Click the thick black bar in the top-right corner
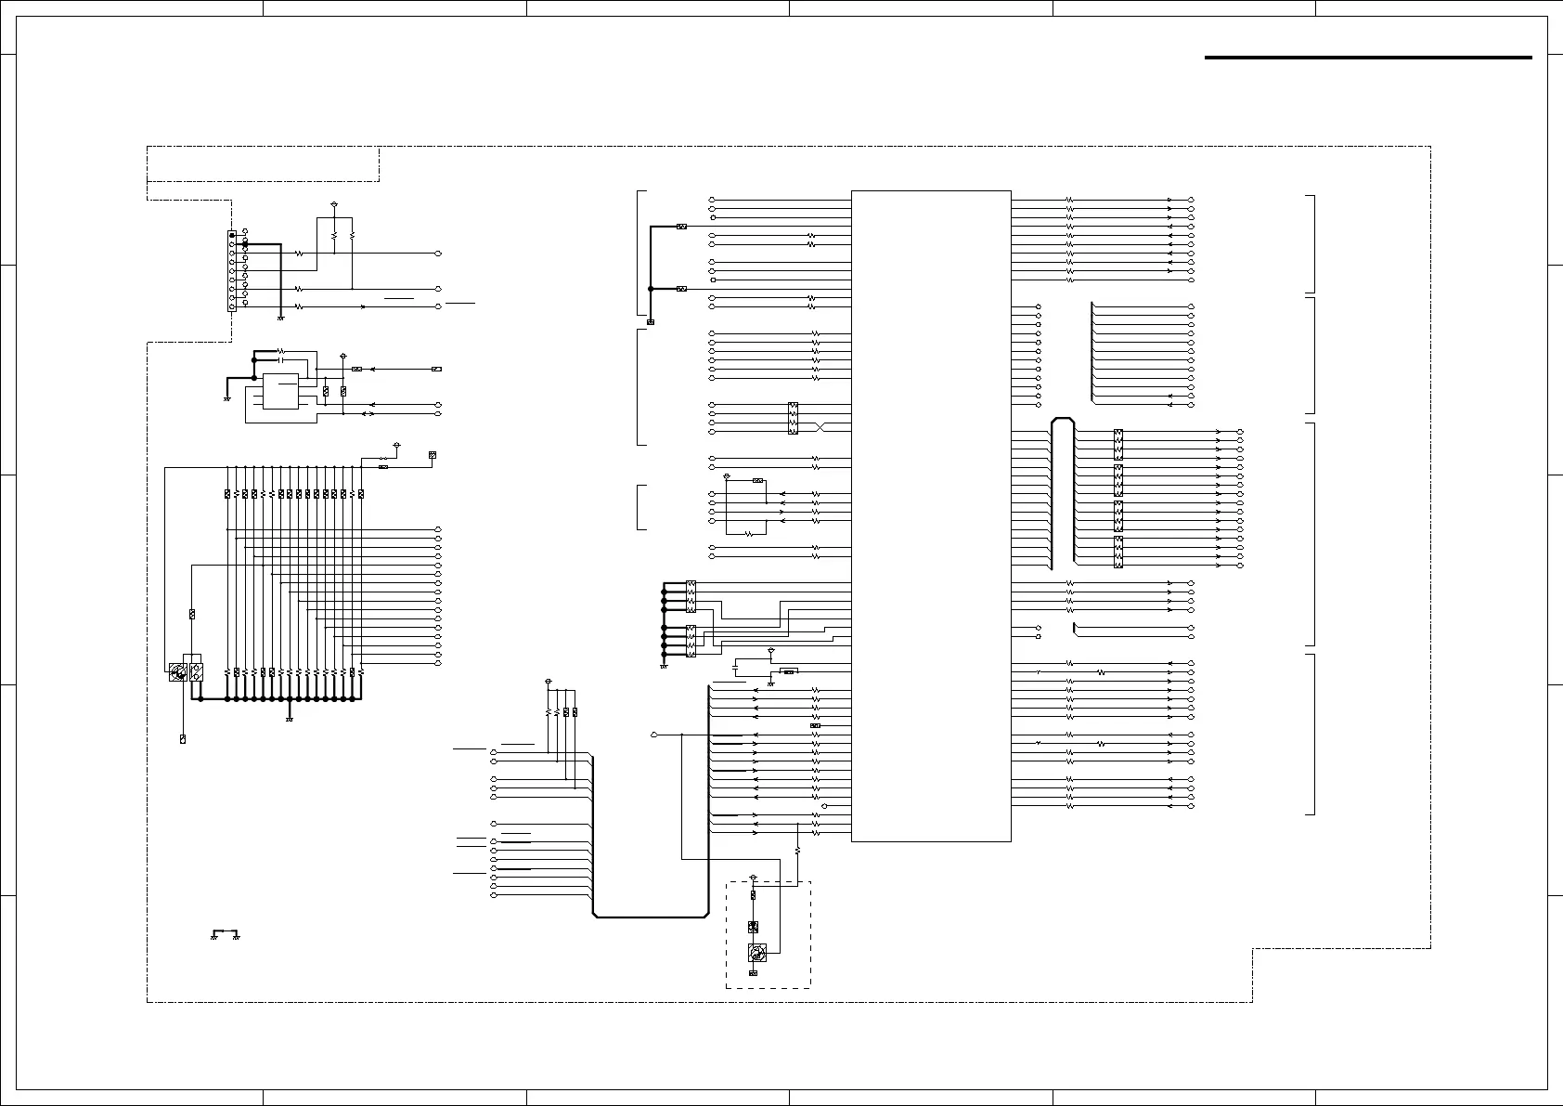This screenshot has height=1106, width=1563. (1367, 58)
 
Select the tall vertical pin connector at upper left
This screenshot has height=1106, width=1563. (232, 271)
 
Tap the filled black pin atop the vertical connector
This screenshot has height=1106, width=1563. (232, 236)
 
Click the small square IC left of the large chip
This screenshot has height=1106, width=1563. (280, 391)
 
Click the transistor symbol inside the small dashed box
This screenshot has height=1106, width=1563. (757, 953)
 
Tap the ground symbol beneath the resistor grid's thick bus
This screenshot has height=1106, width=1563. (291, 719)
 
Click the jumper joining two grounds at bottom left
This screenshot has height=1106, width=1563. (225, 932)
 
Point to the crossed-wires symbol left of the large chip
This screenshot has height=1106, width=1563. (820, 426)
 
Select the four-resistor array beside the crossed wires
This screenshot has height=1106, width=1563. (793, 418)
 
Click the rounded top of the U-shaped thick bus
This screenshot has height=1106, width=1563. (1063, 421)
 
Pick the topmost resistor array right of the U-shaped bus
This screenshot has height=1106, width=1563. (1118, 444)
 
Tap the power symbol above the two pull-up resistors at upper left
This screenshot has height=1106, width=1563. (333, 204)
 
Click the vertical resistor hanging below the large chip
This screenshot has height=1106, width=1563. (797, 850)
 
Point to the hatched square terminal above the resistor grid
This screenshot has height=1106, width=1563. (432, 455)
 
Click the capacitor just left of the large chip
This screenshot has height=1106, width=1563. (736, 668)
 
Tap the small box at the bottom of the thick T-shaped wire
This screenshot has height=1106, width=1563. (651, 322)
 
